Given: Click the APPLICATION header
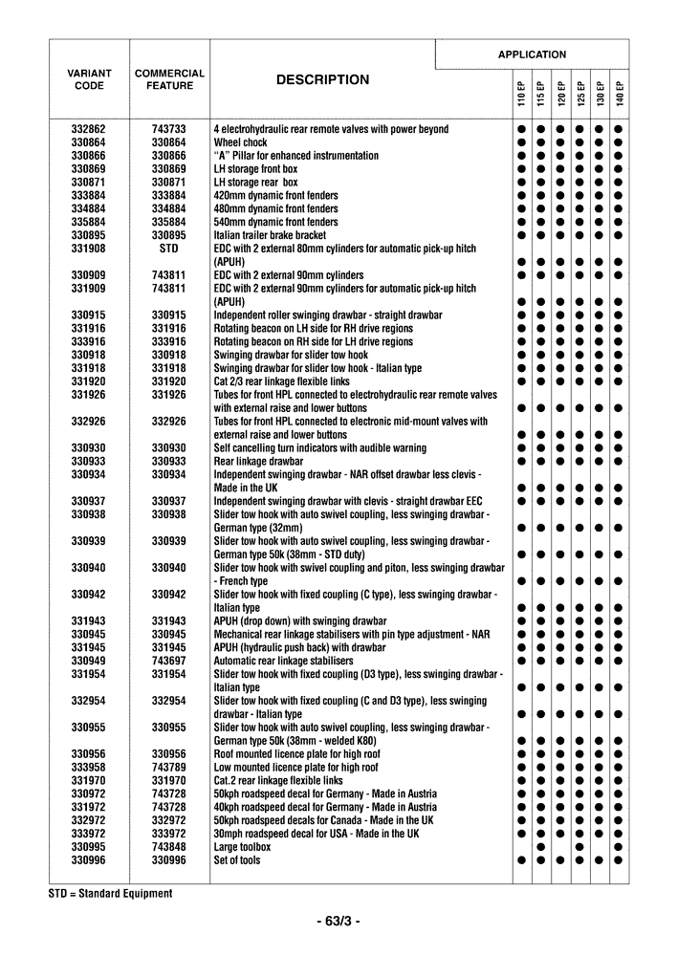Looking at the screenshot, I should [532, 54].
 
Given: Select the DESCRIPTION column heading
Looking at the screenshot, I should [322, 80].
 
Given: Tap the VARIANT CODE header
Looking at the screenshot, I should [89, 79].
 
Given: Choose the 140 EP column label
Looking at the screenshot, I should [619, 93].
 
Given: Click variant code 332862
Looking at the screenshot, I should [89, 129].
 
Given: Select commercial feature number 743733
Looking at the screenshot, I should [169, 129].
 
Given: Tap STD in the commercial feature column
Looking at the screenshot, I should [169, 249].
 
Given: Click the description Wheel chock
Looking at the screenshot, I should [240, 142].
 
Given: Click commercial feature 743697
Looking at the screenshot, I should [169, 661].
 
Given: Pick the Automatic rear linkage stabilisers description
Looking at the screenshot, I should [284, 661].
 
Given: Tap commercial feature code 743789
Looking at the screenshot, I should [169, 767].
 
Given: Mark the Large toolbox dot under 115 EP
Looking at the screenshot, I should [541, 847].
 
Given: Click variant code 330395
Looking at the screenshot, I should [89, 847].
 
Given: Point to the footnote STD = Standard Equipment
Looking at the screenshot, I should [111, 894].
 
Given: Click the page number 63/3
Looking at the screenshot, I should [338, 922].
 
